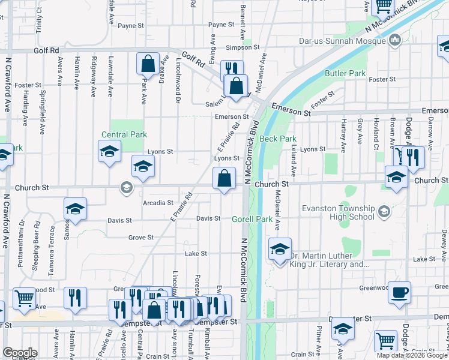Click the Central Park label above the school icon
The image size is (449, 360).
pyautogui.click(x=124, y=135)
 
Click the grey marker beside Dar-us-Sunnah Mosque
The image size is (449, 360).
pyautogui.click(x=395, y=41)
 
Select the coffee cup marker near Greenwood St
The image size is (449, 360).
pyautogui.click(x=399, y=292)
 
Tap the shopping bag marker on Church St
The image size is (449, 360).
pyautogui.click(x=224, y=179)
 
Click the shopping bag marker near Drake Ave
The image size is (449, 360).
pyautogui.click(x=148, y=64)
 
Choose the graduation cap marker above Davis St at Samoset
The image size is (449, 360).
pyautogui.click(x=75, y=209)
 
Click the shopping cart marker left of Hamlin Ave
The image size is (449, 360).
pyautogui.click(x=24, y=299)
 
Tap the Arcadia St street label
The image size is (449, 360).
pyautogui.click(x=158, y=203)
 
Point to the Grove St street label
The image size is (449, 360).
pyautogui.click(x=141, y=238)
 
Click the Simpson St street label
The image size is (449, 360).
pyautogui.click(x=243, y=47)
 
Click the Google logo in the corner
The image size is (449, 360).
pyautogui.click(x=20, y=353)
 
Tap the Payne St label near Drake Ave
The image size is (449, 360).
pyautogui.click(x=131, y=26)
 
